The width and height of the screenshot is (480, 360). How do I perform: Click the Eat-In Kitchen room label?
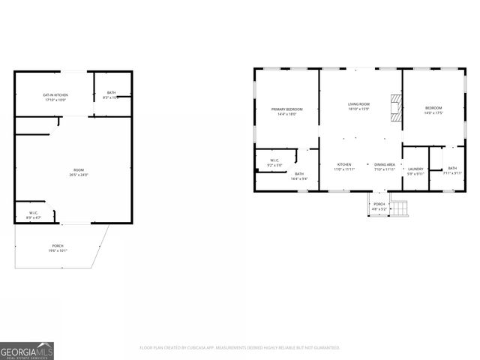tap(55, 94)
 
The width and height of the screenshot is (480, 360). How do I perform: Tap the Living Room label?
tap(358, 104)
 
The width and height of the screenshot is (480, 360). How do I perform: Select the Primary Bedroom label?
tap(287, 109)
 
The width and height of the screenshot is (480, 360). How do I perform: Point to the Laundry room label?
tap(415, 168)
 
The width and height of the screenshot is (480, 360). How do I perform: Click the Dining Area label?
tap(385, 164)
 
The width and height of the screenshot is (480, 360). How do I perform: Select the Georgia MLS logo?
tap(27, 350)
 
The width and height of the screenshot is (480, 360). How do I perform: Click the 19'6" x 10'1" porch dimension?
tap(58, 250)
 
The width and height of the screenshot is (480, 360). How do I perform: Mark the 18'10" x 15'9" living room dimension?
tap(358, 109)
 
